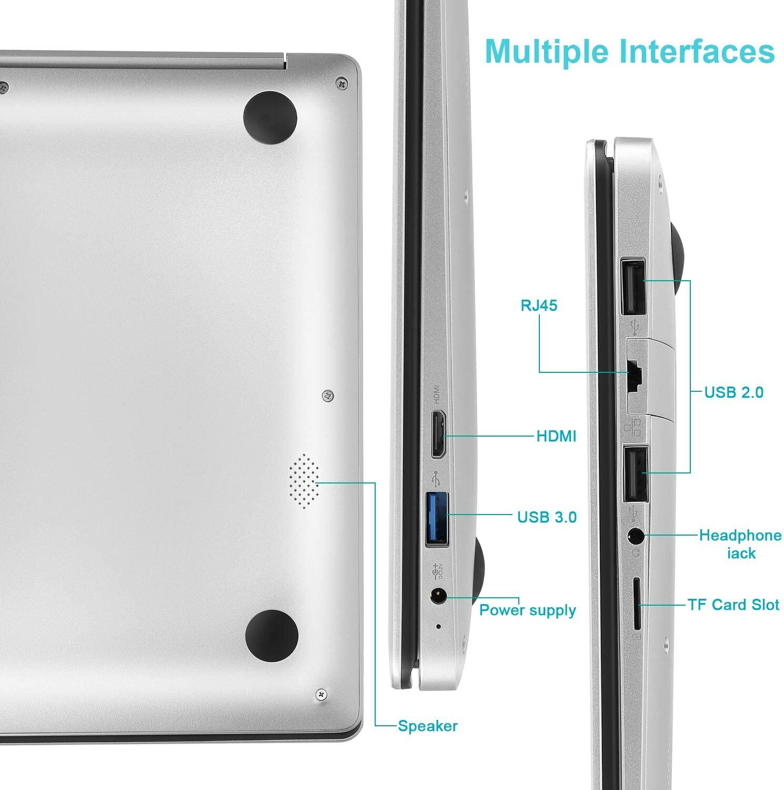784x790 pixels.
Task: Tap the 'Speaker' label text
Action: point(427,726)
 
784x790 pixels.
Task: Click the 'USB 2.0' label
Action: point(733,392)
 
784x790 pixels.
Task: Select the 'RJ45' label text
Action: point(539,305)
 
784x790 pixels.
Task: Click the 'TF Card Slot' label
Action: point(733,604)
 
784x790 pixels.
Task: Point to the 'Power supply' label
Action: point(527,610)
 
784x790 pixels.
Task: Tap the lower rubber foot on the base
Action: point(272,635)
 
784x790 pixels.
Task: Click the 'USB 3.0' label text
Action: point(547,517)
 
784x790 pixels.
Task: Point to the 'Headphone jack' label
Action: point(740,544)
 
